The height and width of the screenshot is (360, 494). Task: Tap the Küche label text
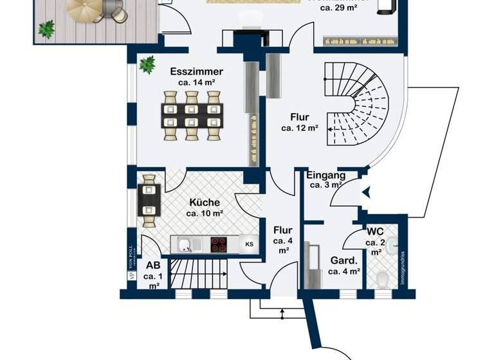[205, 202]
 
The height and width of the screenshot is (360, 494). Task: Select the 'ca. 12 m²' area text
[300, 128]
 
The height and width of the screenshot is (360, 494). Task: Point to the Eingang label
[325, 175]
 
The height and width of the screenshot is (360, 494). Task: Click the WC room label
[375, 231]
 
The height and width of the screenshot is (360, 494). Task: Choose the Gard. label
[343, 261]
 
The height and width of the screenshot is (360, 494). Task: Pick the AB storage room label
[153, 265]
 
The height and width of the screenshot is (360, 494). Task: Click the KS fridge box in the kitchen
[249, 244]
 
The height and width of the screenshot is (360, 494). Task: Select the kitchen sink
[185, 244]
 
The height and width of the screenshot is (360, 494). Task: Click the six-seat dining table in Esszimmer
[192, 115]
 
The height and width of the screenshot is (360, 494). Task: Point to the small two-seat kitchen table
[149, 201]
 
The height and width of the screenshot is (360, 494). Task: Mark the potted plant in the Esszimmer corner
[147, 64]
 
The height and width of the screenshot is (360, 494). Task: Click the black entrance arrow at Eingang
[365, 191]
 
